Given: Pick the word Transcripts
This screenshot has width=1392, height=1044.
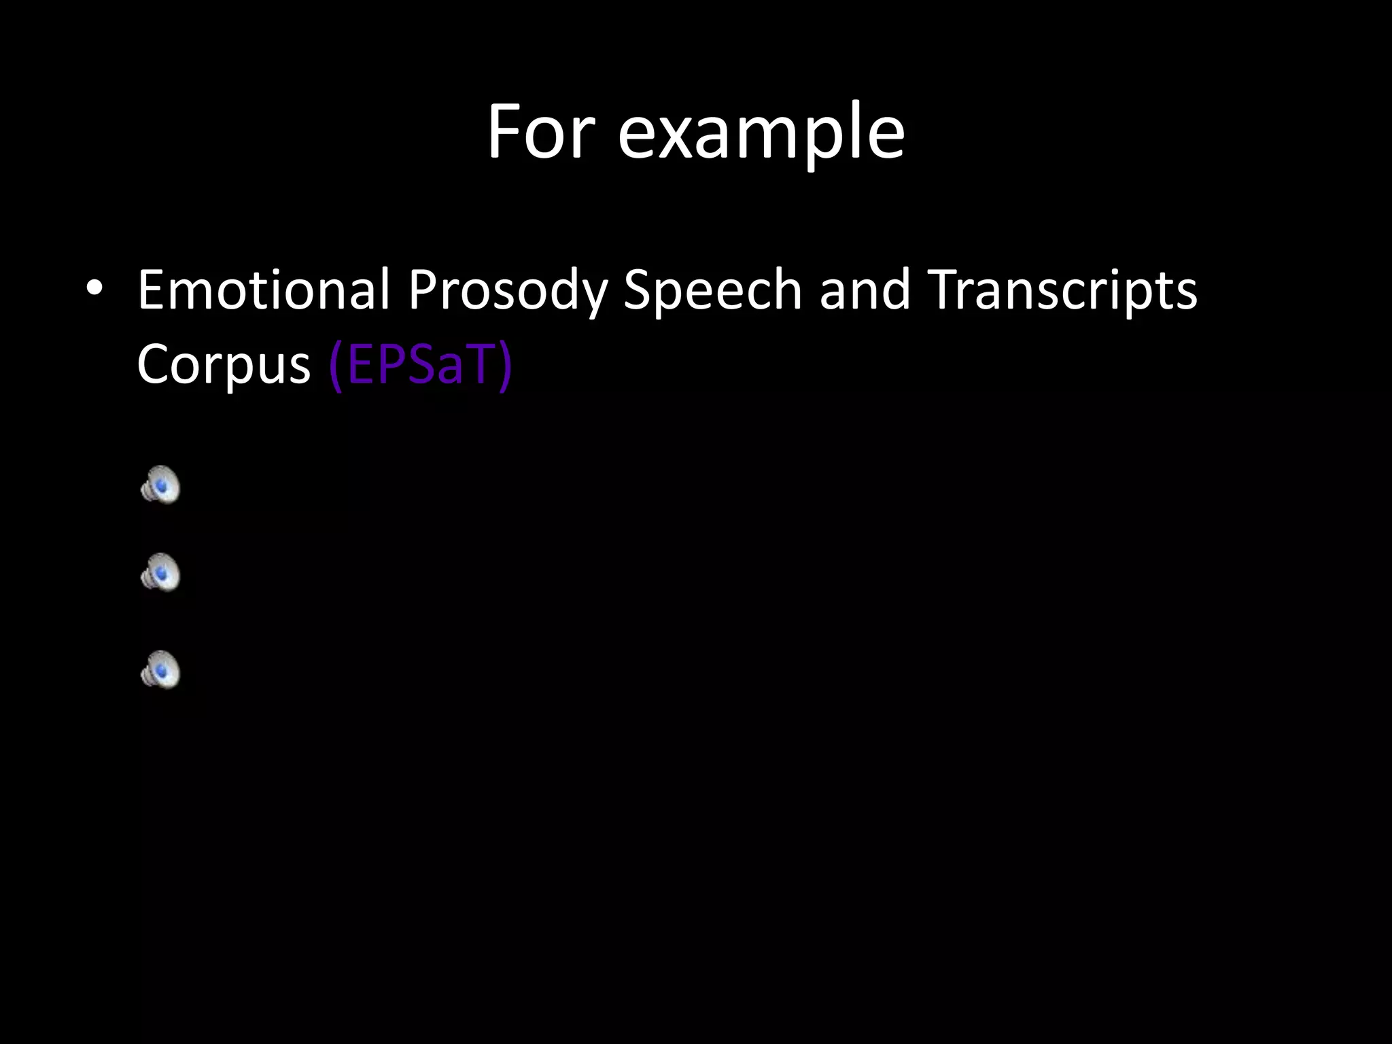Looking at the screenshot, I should (x=1062, y=291).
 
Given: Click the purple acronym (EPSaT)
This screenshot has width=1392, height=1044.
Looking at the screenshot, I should (x=419, y=366).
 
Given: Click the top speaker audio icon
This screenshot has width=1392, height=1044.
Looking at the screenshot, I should (x=160, y=485).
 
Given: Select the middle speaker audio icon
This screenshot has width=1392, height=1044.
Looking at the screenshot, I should (x=160, y=572).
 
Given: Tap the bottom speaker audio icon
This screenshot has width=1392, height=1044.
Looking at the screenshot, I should (x=160, y=670).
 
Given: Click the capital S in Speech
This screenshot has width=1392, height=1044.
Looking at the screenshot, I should (x=639, y=290).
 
